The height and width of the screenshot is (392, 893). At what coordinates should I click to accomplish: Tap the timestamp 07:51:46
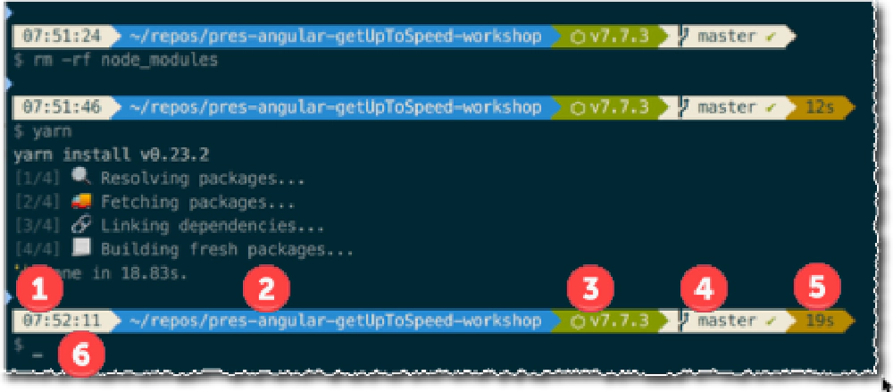pyautogui.click(x=55, y=107)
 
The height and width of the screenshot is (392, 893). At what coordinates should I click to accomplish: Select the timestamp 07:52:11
pyautogui.click(x=55, y=318)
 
